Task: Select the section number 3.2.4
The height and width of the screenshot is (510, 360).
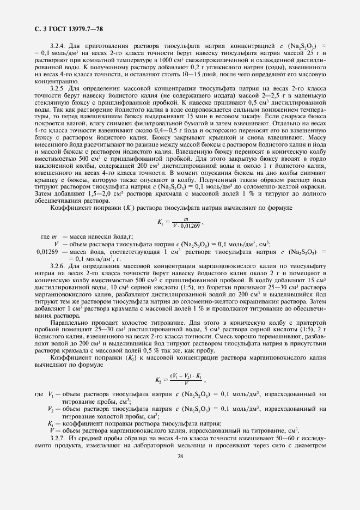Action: coord(59,45)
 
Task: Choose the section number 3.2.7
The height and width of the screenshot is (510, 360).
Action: coord(59,438)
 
